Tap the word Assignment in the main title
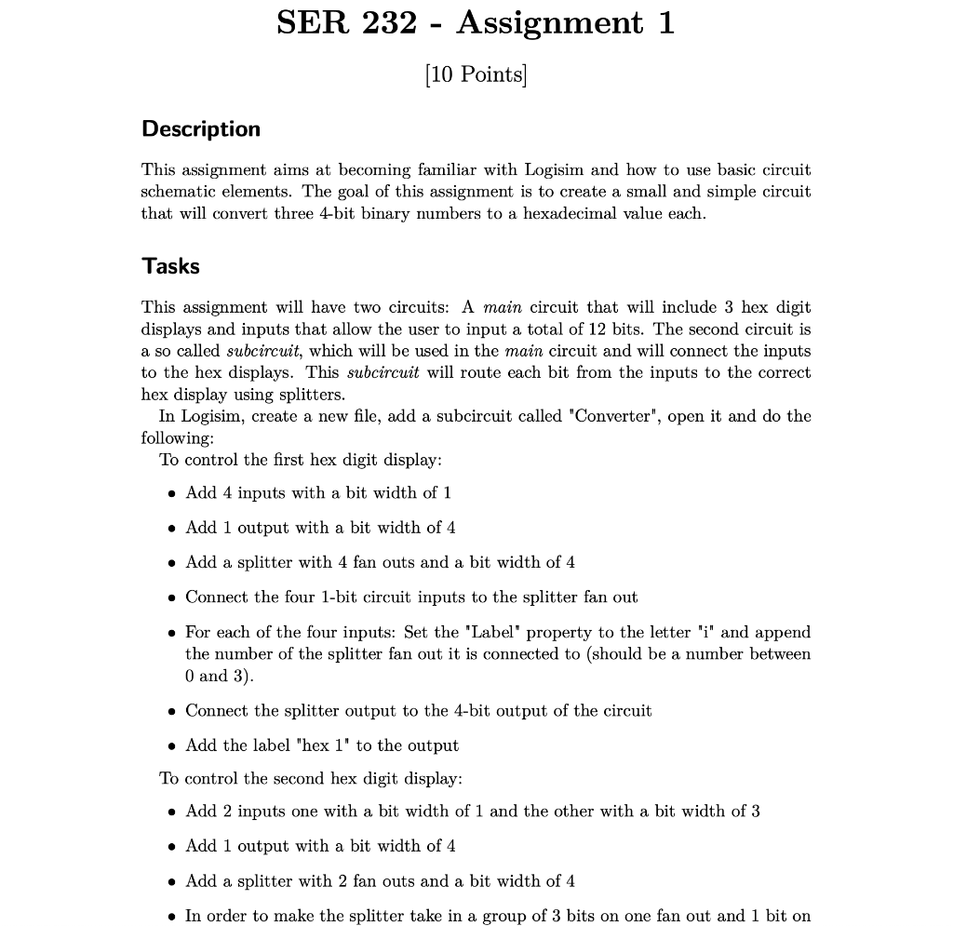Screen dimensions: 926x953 pos(549,22)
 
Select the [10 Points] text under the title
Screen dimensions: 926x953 pos(476,74)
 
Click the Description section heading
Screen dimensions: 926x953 pos(201,129)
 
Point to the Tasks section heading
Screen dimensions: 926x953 pos(170,266)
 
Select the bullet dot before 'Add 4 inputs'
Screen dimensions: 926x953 pos(172,493)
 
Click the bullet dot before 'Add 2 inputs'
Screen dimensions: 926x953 pos(172,812)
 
